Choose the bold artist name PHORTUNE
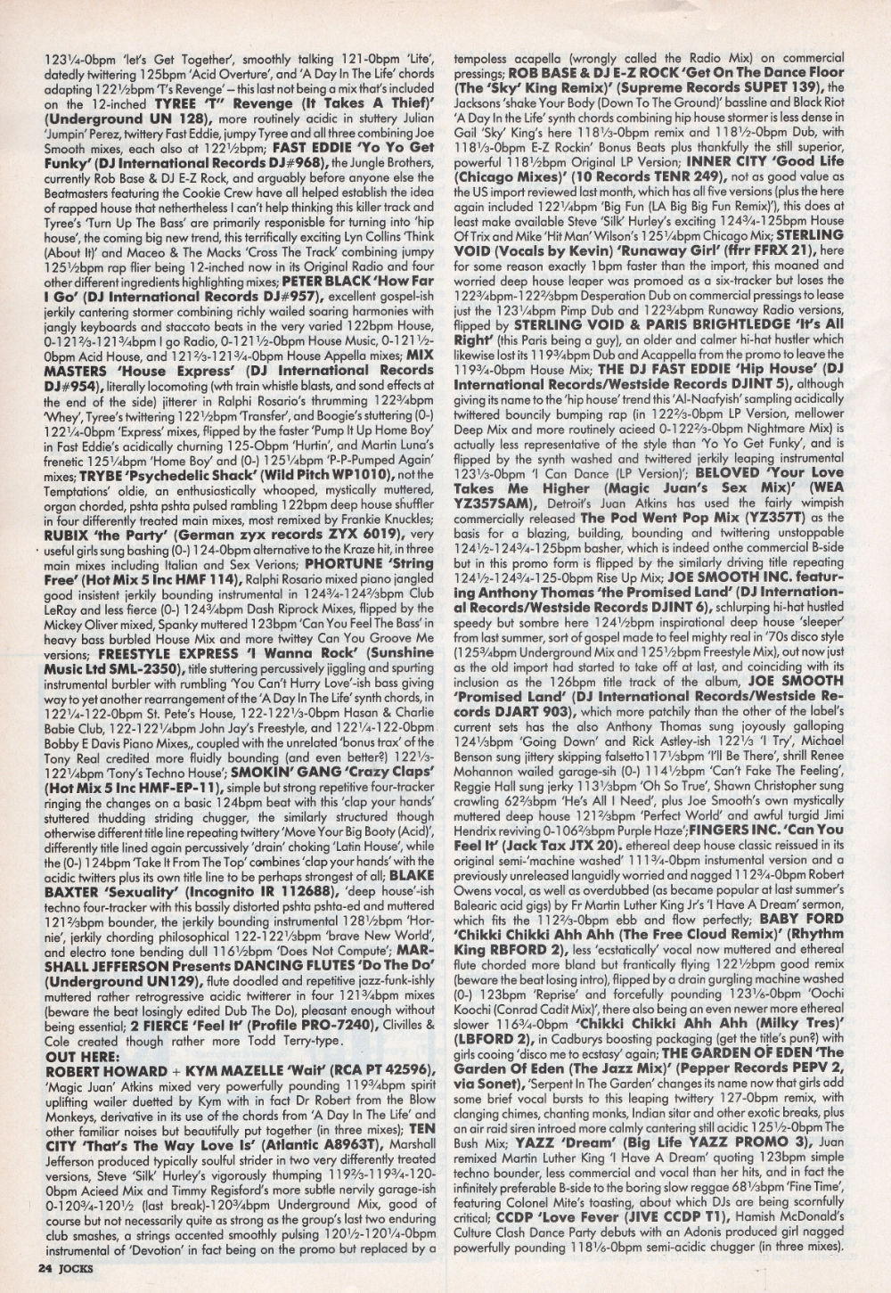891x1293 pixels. point(342,562)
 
